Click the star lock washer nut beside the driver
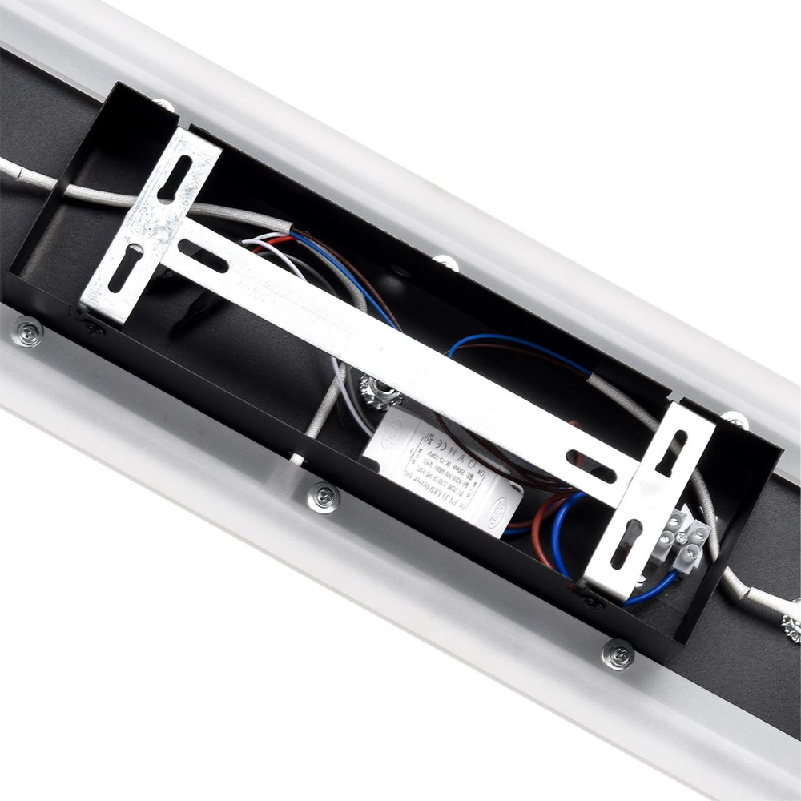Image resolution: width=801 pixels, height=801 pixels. [x=376, y=392]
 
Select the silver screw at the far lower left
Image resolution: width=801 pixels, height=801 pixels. [x=28, y=332]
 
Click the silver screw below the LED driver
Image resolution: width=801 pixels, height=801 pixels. [x=324, y=497]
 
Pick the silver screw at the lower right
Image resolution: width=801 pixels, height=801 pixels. [x=618, y=654]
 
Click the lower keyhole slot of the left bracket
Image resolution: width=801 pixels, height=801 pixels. [x=126, y=268]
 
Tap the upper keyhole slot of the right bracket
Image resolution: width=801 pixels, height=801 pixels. [x=671, y=453]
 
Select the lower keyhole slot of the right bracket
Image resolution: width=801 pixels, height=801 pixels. [x=626, y=544]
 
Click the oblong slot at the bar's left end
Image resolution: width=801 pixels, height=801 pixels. [x=203, y=256]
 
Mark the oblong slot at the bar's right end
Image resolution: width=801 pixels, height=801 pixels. [x=591, y=466]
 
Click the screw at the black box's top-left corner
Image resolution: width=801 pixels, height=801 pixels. [x=164, y=104]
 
